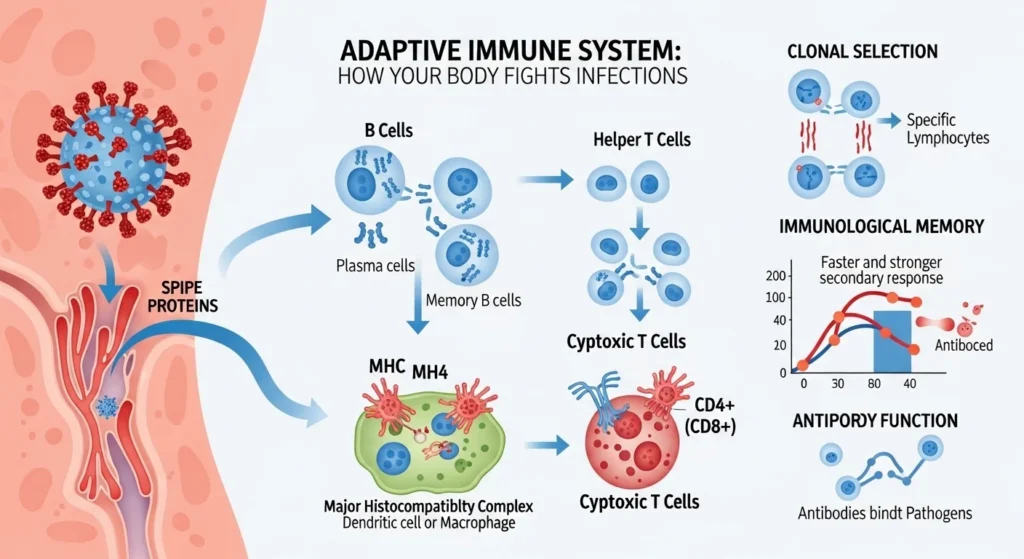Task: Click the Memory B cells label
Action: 473,300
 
